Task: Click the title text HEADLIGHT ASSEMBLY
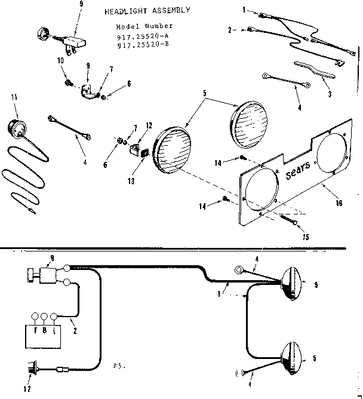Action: click(x=147, y=11)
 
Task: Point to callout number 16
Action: click(x=339, y=203)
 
